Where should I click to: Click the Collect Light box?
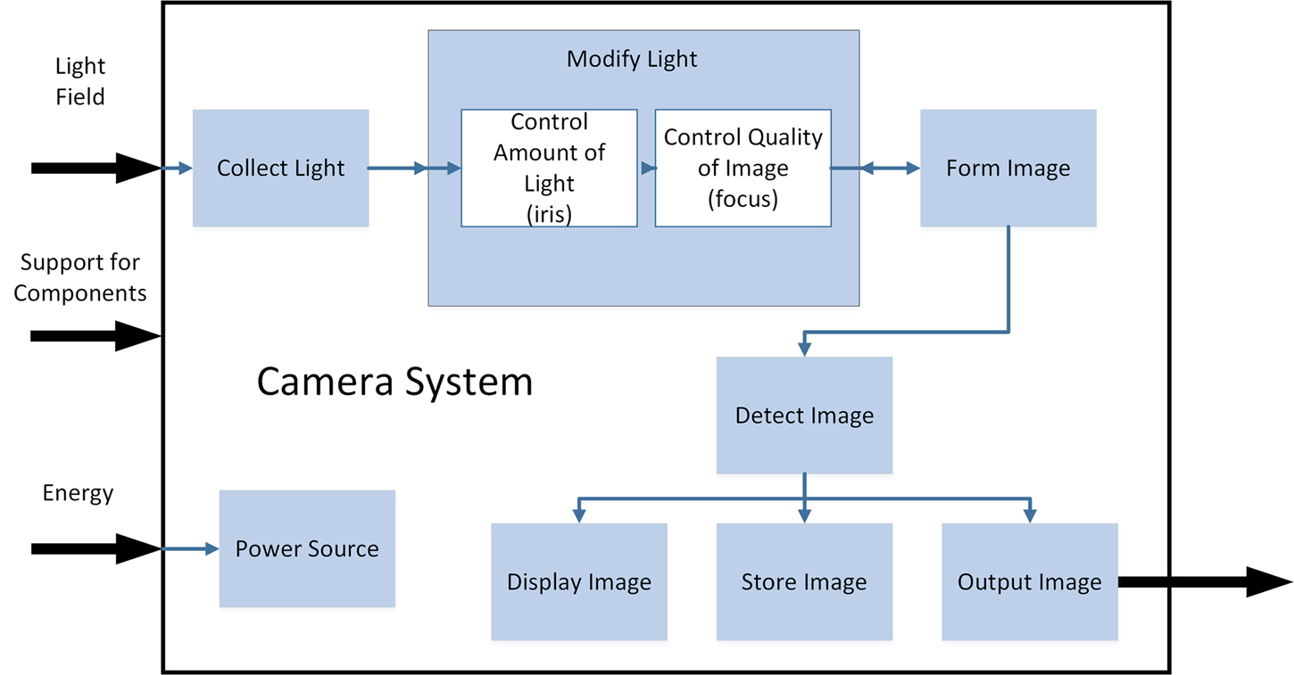281,168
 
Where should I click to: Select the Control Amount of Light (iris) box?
549,168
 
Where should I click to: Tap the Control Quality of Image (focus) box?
742,168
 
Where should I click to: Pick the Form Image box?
1008,168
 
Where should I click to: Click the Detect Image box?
804,416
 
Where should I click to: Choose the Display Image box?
578,582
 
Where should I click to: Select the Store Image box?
804,582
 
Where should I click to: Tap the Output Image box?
1029,582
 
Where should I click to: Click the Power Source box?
307,548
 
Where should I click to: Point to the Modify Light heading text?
632,60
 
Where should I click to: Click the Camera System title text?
394,382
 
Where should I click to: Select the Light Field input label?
80,81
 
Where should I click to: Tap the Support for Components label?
80,277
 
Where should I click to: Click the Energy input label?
79,492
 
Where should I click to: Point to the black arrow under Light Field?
95,168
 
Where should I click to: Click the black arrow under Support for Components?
95,336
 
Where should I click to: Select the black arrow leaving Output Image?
1204,582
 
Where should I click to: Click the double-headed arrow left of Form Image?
875,168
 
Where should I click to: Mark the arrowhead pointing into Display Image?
578,515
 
